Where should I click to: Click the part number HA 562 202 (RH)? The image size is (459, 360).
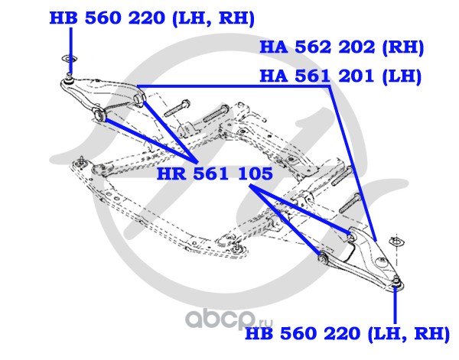[342, 47]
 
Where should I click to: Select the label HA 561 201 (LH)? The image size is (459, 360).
[340, 76]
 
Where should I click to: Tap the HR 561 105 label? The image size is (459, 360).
[214, 174]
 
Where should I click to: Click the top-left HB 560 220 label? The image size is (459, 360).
[152, 18]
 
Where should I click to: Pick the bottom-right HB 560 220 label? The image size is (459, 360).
[347, 333]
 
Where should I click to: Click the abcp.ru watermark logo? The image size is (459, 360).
[229, 319]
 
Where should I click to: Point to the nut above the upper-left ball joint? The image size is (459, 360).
[69, 59]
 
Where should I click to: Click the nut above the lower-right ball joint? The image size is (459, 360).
[396, 242]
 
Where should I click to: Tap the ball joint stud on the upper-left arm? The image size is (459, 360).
[69, 79]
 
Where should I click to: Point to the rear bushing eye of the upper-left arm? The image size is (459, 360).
[138, 99]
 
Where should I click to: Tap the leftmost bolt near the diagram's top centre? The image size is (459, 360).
[177, 108]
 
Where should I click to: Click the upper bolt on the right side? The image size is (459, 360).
[342, 176]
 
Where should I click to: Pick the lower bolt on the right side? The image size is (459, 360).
[350, 203]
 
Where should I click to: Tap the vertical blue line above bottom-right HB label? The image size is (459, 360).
[395, 305]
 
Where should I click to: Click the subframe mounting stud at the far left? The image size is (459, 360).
[80, 162]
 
